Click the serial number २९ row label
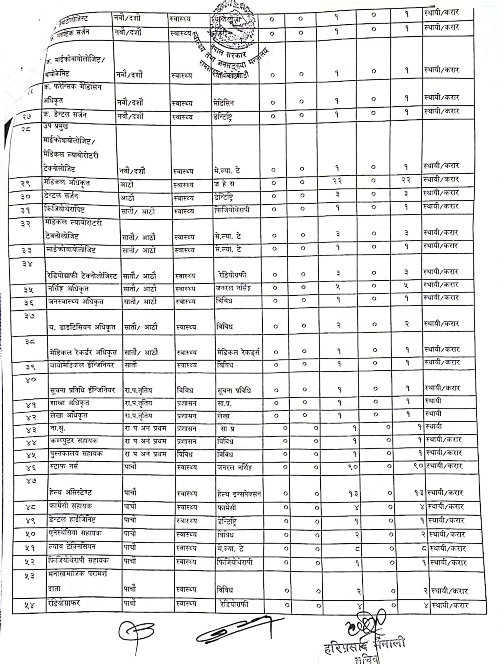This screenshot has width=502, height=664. point(26,183)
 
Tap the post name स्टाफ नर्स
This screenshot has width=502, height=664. point(64,466)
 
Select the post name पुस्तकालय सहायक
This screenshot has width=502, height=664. point(76,454)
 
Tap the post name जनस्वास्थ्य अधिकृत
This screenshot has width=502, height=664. point(76,301)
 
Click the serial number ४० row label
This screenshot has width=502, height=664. point(31,379)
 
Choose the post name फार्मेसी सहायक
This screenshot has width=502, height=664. point(70,506)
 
